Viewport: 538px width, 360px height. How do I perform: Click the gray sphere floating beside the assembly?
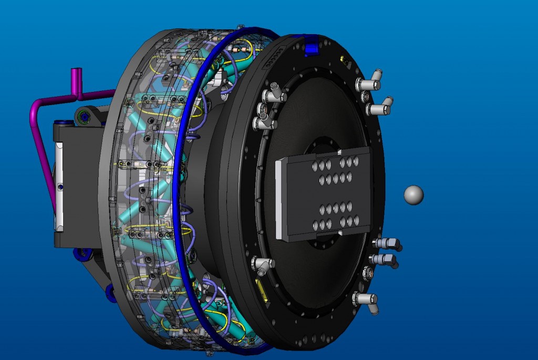(413, 194)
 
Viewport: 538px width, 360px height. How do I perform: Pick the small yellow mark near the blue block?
(344, 59)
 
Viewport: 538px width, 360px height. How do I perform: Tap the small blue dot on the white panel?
(61, 187)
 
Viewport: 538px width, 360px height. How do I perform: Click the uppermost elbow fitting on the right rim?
(369, 83)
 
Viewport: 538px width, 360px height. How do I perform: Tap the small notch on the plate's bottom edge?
(341, 233)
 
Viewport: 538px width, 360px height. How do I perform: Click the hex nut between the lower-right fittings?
(368, 273)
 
